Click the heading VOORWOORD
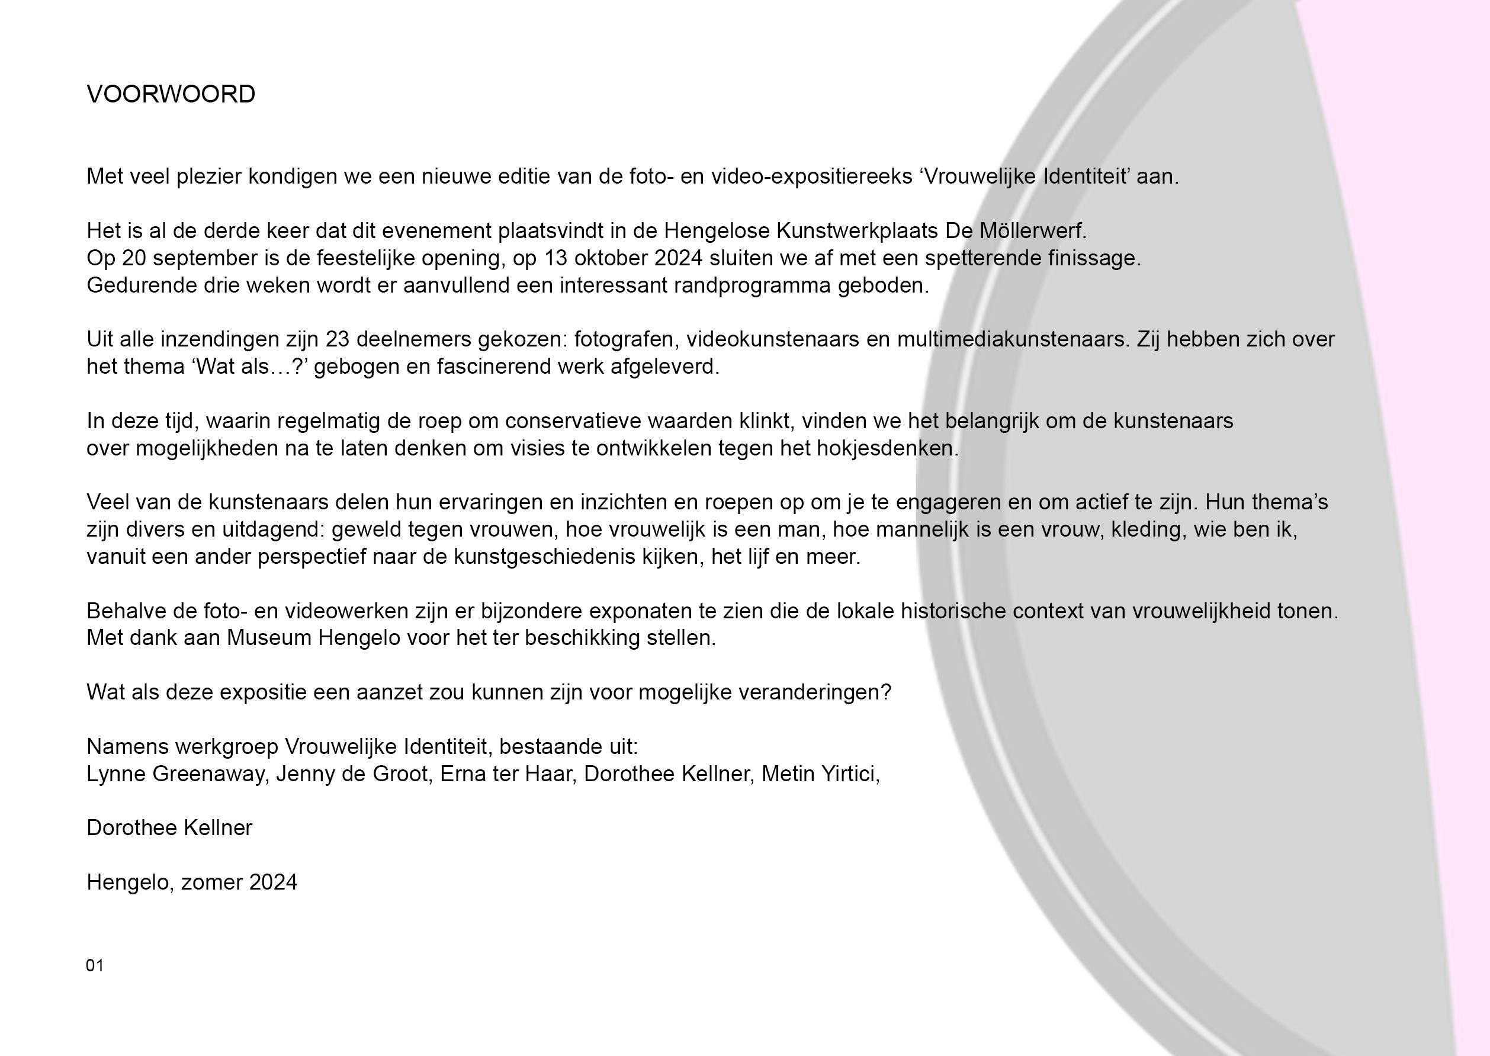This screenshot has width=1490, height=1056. [171, 95]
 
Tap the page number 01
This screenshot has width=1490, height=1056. [95, 965]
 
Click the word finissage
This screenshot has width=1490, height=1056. [1094, 258]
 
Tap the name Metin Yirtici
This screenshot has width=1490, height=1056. [820, 774]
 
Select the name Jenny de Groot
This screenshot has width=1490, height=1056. [352, 774]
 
